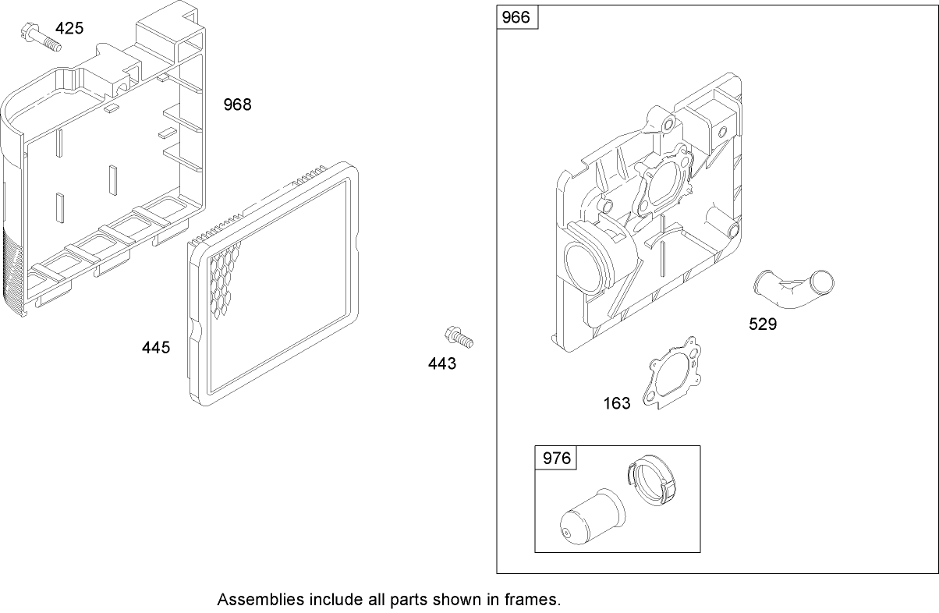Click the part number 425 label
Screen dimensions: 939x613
(x=69, y=29)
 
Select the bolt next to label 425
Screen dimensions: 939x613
(x=41, y=37)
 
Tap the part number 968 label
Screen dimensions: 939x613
(x=237, y=105)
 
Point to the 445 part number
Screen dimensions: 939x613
(x=156, y=348)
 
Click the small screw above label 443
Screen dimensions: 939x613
(x=459, y=337)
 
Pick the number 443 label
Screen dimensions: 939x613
(x=442, y=363)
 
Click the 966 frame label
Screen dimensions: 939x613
(x=516, y=17)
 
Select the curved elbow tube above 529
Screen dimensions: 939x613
(x=793, y=289)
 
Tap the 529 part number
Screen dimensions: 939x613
(x=763, y=324)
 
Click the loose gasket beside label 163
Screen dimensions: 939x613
(x=671, y=373)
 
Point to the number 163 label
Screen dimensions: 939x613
(x=617, y=403)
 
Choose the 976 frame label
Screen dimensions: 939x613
(x=557, y=459)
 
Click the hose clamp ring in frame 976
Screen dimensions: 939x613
(x=651, y=480)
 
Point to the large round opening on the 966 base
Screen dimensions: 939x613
(x=584, y=264)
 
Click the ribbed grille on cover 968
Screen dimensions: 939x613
(x=12, y=271)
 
